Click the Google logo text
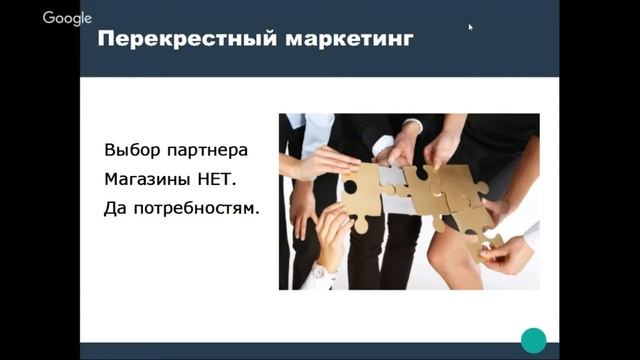point(67,18)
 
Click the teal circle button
point(534,339)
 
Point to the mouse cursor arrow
point(470,27)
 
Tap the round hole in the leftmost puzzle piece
point(351,186)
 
